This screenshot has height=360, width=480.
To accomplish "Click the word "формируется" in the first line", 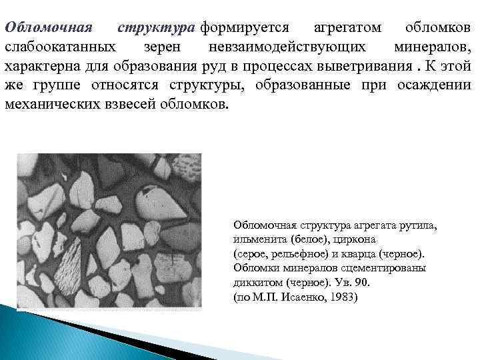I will click(x=245, y=28).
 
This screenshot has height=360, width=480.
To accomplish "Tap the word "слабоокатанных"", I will click(x=61, y=47).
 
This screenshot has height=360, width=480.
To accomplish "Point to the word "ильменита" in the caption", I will click(x=259, y=238).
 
